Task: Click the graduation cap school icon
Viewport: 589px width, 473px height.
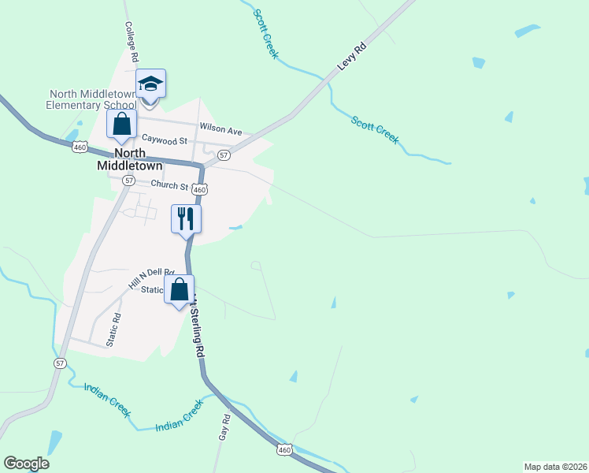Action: click(x=150, y=83)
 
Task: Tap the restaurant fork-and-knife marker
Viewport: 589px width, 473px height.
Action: click(x=187, y=218)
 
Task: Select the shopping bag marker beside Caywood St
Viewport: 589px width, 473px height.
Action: click(x=121, y=124)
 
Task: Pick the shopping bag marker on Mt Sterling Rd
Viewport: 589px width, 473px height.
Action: click(x=179, y=289)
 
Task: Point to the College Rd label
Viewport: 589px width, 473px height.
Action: click(x=132, y=42)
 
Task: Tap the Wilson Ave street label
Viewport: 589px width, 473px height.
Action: click(x=220, y=128)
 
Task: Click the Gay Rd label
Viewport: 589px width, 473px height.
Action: click(x=224, y=426)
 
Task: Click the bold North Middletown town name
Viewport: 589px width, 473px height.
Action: click(x=129, y=159)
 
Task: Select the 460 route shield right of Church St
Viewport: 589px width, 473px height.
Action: click(x=200, y=190)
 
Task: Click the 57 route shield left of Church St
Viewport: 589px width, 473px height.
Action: click(x=128, y=181)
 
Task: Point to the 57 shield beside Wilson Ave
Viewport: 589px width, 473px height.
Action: click(x=224, y=155)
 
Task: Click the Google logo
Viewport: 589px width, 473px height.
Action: click(x=26, y=464)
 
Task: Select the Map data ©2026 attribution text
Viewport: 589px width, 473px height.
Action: click(x=555, y=466)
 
